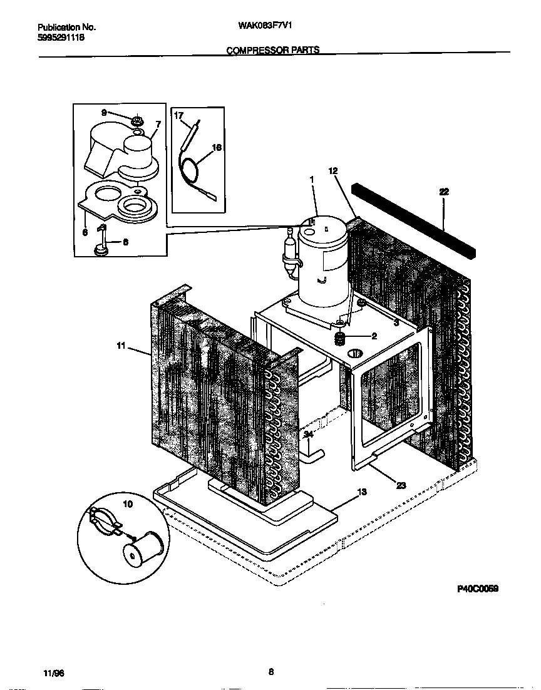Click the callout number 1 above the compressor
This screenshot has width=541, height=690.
[311, 178]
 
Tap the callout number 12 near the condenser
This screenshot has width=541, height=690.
[332, 170]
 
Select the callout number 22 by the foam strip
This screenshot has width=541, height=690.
[444, 192]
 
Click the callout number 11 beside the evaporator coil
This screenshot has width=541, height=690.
[121, 345]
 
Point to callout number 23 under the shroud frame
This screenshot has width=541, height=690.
[400, 483]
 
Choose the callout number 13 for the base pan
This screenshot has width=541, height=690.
[361, 492]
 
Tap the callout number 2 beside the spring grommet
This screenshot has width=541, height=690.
[374, 336]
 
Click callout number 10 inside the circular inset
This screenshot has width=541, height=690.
[128, 503]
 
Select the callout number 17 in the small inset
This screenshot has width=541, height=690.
[178, 116]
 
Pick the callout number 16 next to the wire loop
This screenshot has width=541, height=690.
[217, 148]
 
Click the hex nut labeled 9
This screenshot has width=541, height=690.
[137, 119]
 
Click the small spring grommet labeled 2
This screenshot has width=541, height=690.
[342, 338]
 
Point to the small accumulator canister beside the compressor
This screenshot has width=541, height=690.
[290, 254]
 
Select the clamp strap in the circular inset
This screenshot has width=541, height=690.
[103, 522]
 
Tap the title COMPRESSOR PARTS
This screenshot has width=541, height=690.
[272, 50]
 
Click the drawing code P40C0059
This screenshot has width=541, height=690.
[477, 589]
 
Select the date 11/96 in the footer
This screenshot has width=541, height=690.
[54, 672]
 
